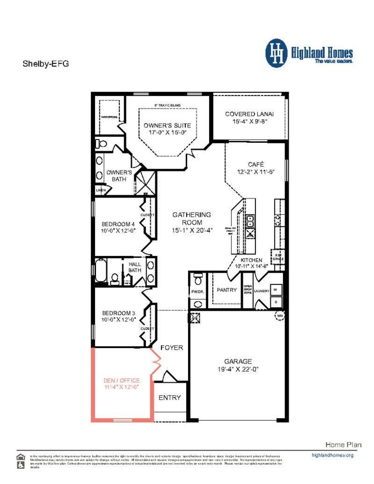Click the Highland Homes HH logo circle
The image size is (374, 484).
(276, 53)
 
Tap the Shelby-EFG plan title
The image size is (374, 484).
(46, 63)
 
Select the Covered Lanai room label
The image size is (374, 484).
(249, 114)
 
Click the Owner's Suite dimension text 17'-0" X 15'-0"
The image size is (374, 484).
(167, 132)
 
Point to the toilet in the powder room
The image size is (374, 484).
(198, 280)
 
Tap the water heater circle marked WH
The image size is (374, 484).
(280, 315)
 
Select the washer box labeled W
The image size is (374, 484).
(275, 290)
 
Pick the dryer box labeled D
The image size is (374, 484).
(276, 302)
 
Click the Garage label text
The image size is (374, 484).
(238, 361)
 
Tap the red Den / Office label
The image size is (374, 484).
(122, 380)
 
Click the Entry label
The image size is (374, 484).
(169, 397)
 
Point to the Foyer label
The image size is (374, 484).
(172, 348)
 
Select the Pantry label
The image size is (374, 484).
(226, 290)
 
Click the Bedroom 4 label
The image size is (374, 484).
(118, 224)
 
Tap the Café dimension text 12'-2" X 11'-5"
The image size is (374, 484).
(256, 172)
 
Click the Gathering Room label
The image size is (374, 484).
(192, 218)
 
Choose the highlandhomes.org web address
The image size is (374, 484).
(333, 455)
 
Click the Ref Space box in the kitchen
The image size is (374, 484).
(278, 257)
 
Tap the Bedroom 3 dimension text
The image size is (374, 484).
(119, 319)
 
